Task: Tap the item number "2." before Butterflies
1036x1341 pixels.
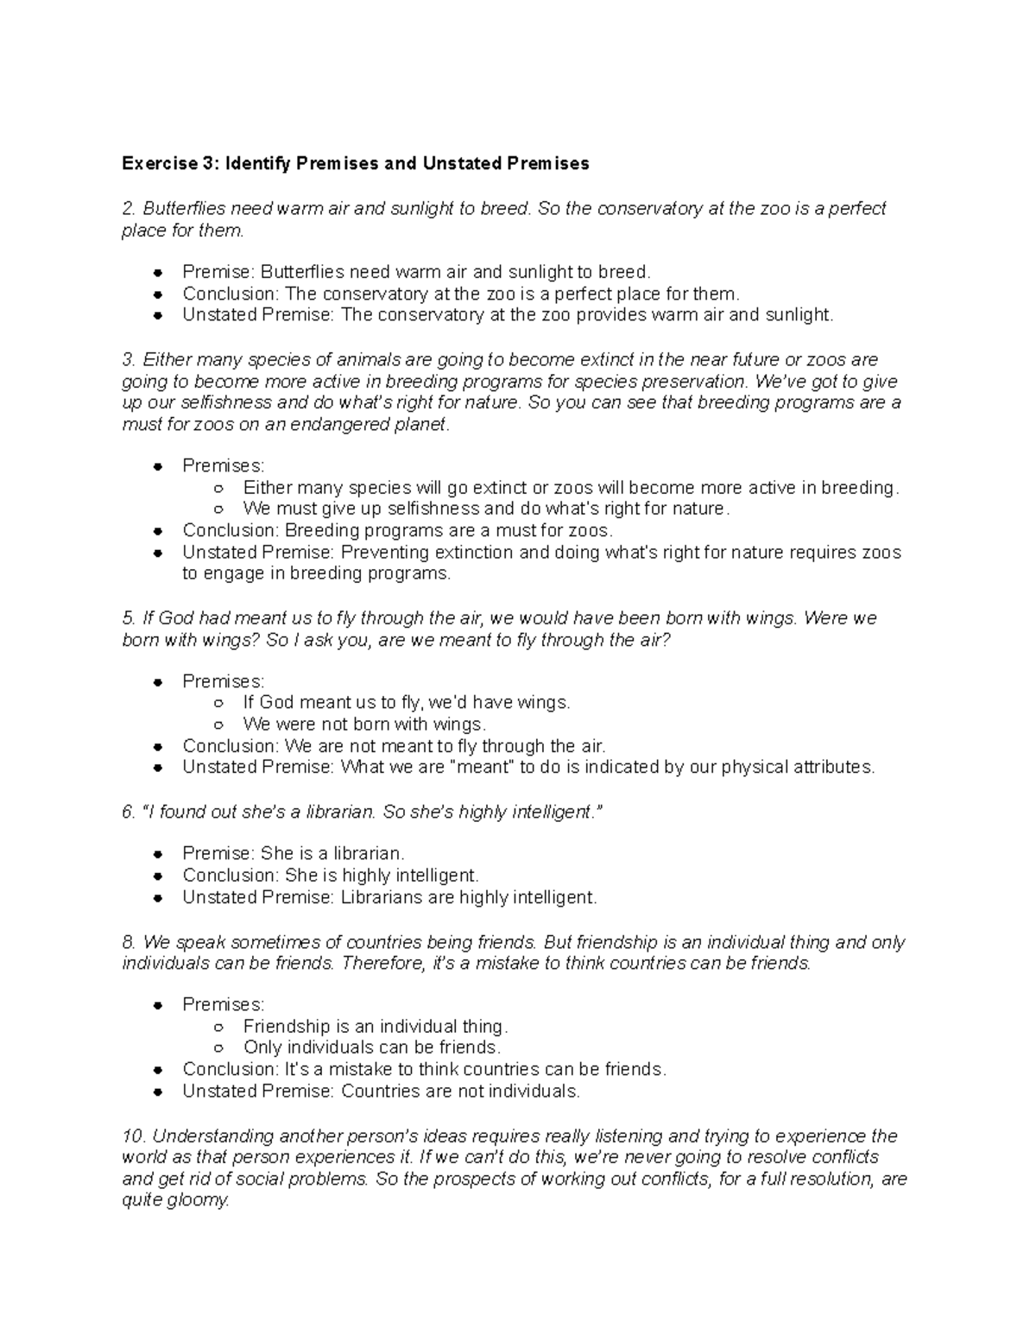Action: (x=129, y=209)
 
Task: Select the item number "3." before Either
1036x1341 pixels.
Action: (x=129, y=359)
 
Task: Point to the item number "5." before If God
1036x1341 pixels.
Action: (x=129, y=618)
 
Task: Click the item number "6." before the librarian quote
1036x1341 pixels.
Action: (x=129, y=812)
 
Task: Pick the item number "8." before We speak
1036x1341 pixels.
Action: (x=129, y=941)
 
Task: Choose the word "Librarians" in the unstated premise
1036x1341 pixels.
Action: (x=382, y=897)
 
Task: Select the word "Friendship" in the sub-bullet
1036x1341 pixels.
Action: (x=287, y=1026)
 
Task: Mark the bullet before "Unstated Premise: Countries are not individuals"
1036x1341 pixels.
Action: (x=158, y=1091)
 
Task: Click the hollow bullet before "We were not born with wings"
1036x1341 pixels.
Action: (x=219, y=724)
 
